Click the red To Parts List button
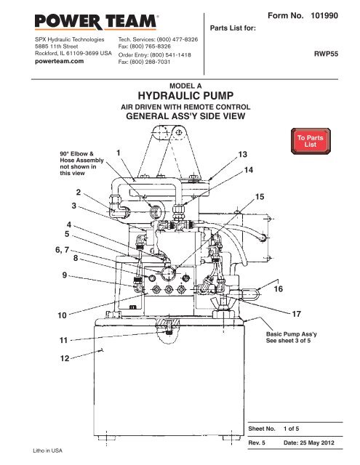(312, 140)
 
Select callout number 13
(244, 155)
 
